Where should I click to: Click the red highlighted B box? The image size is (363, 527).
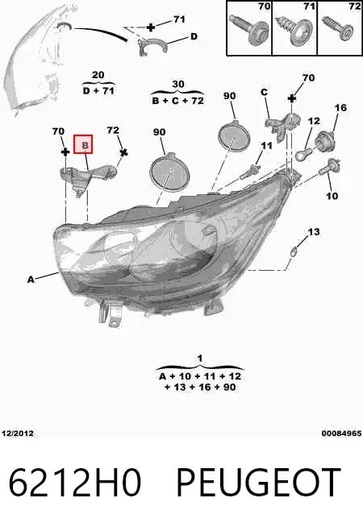point(83,144)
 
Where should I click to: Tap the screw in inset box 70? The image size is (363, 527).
point(249,29)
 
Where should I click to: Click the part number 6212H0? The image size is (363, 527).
point(74,483)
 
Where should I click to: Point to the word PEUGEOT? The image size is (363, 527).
point(258,483)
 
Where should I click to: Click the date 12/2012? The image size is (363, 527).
point(18,434)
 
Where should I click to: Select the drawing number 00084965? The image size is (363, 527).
point(341,434)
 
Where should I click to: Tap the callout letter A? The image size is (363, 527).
point(31,280)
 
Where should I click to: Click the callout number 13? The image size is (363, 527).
point(314,231)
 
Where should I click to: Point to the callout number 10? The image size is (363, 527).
point(332,196)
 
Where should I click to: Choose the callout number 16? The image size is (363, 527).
point(340,107)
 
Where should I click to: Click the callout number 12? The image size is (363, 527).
point(314,121)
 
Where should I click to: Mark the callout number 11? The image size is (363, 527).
point(266,146)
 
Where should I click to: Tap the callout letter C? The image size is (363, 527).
point(264,92)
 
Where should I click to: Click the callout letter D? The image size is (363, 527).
point(194,36)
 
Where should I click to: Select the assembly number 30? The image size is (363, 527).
point(178,84)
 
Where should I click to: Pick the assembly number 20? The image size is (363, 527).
point(98,75)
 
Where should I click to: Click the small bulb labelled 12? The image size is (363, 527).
point(304,154)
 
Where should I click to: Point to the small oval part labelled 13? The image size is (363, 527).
point(294,251)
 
